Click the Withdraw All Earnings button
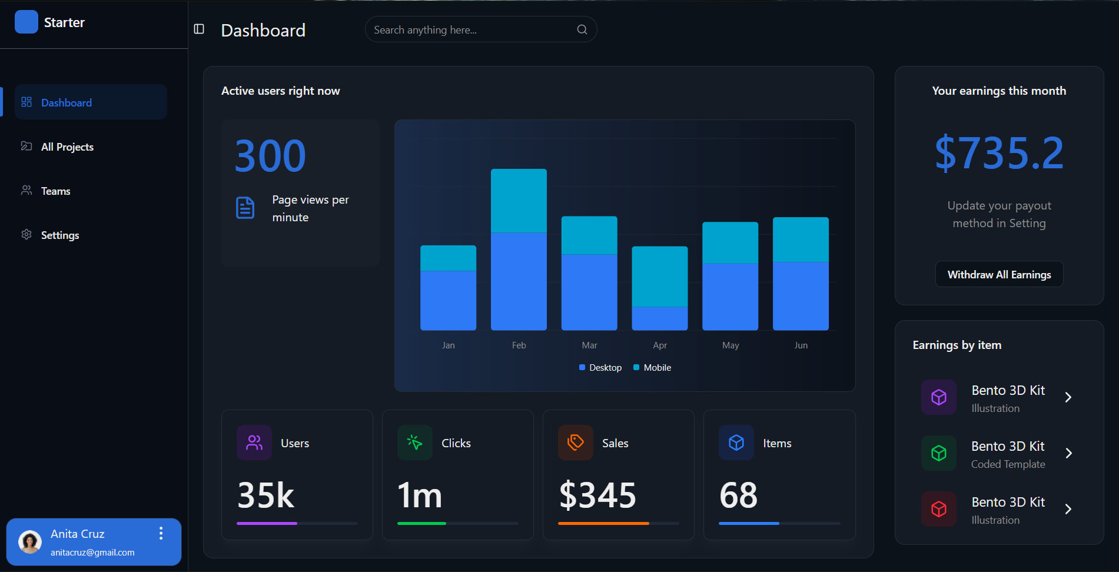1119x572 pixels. (x=999, y=274)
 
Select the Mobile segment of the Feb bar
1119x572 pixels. (x=519, y=201)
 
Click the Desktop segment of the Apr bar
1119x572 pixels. (x=659, y=318)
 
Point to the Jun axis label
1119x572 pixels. (x=801, y=345)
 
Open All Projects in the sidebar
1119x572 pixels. (x=67, y=147)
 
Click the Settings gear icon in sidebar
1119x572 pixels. (x=26, y=235)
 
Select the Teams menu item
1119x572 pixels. (x=55, y=191)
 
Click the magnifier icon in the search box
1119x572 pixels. (x=582, y=29)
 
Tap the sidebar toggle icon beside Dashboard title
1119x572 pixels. (x=199, y=29)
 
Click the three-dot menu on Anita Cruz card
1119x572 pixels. (x=161, y=534)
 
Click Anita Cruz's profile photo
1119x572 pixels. (x=30, y=542)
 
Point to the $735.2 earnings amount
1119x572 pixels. (x=999, y=153)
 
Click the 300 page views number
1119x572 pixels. (x=270, y=156)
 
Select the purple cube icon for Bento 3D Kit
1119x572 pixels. (x=938, y=397)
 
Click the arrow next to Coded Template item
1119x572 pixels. (x=1068, y=453)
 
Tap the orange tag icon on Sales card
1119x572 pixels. (x=575, y=442)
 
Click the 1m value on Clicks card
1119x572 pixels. (x=420, y=495)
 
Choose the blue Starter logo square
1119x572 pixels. (x=26, y=22)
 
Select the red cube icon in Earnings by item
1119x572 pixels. (x=938, y=509)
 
